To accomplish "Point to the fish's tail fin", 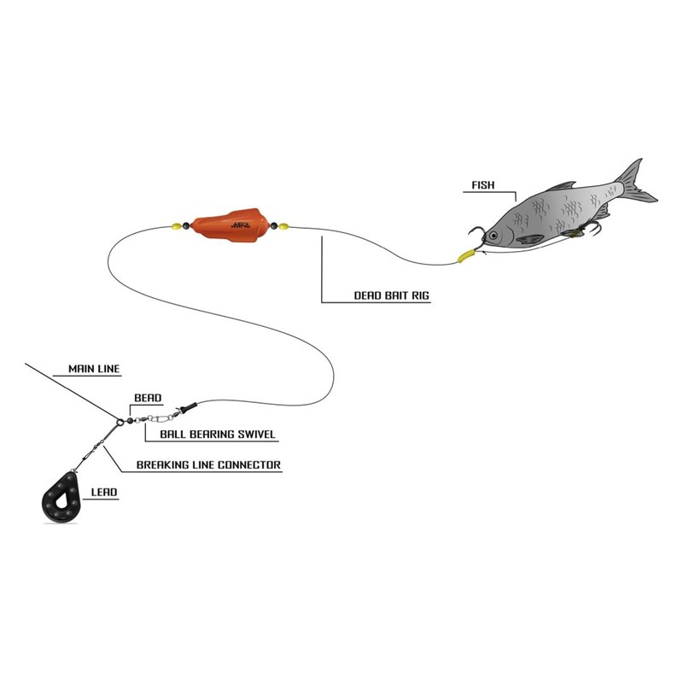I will pyautogui.click(x=635, y=181).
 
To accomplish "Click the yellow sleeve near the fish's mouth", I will pyautogui.click(x=466, y=254).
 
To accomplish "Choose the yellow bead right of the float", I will pyautogui.click(x=283, y=227).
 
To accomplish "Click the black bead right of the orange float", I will pyautogui.click(x=273, y=227).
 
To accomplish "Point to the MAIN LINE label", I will pyautogui.click(x=94, y=370).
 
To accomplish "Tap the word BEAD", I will pyautogui.click(x=148, y=398).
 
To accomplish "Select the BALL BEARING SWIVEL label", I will pyautogui.click(x=211, y=435).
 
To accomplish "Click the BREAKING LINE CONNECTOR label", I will pyautogui.click(x=208, y=465).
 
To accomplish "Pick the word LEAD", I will pyautogui.click(x=104, y=493).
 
